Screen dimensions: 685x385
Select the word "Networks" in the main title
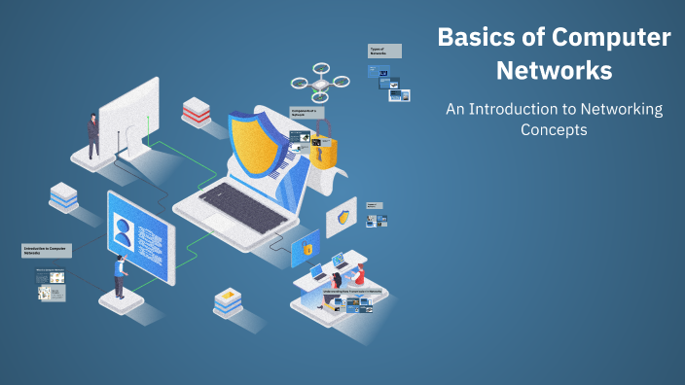point(554,71)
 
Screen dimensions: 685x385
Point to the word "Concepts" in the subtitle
point(554,129)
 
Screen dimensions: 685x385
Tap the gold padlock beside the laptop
point(323,149)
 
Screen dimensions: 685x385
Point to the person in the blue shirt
point(119,276)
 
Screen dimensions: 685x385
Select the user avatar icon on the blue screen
point(124,234)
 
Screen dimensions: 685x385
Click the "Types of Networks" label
point(384,51)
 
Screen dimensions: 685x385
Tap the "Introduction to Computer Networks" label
point(48,251)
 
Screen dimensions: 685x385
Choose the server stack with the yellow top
point(227,301)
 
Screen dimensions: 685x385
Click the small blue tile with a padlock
point(306,249)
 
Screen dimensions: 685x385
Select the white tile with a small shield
point(342,216)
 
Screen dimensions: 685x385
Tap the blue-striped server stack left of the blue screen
point(64,196)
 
